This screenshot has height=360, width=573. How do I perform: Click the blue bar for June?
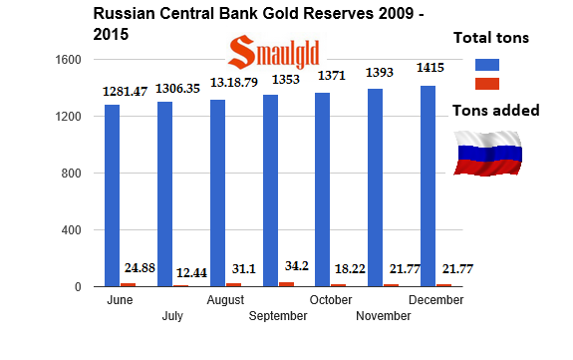pyautogui.click(x=112, y=195)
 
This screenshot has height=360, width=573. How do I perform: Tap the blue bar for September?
pyautogui.click(x=270, y=190)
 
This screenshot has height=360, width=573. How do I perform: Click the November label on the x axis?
pyautogui.click(x=383, y=315)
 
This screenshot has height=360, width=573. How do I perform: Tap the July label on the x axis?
pyautogui.click(x=171, y=315)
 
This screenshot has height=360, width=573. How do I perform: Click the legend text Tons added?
pyautogui.click(x=495, y=111)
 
